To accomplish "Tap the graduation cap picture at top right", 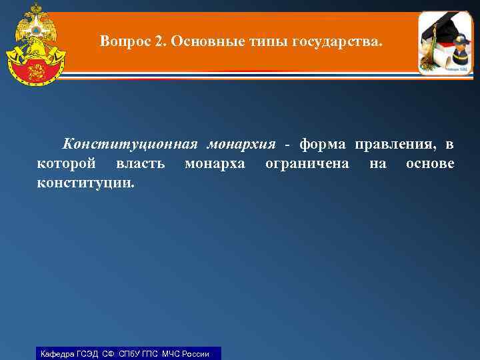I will [x=445, y=43].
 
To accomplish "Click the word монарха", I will [x=215, y=164].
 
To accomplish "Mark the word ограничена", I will [x=307, y=164].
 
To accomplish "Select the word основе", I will [x=430, y=163].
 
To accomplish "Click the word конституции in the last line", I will [x=85, y=182].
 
